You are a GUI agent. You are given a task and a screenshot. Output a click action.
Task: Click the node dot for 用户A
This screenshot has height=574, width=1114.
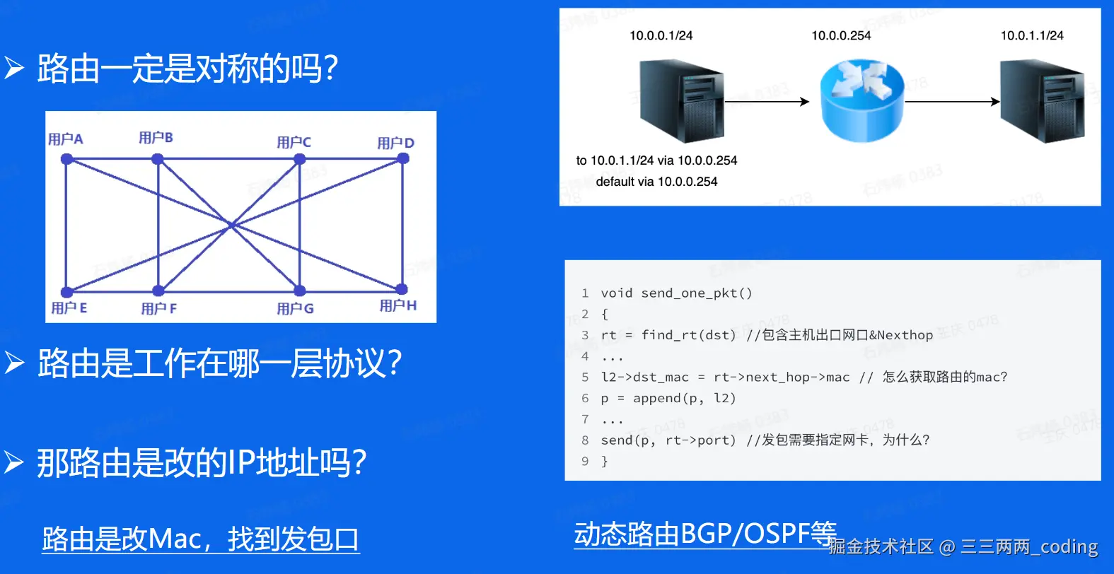[x=67, y=159]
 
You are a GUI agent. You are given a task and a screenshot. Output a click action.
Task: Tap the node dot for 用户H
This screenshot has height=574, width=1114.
[x=402, y=288]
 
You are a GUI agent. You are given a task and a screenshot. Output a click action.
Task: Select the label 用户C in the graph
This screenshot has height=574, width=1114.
[x=294, y=143]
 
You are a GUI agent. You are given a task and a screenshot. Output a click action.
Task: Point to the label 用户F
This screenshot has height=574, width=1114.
[x=158, y=309]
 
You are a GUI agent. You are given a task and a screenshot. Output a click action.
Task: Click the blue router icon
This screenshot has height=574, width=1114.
[x=862, y=101]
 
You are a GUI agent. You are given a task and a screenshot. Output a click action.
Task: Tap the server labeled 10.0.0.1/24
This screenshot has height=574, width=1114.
[x=681, y=101]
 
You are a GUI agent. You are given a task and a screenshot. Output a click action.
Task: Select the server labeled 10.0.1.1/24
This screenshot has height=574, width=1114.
[x=1043, y=101]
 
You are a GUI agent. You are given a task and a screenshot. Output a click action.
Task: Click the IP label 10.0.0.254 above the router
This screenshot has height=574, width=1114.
[x=841, y=36]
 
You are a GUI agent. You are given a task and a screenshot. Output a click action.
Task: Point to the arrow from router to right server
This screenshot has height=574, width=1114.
[x=952, y=101]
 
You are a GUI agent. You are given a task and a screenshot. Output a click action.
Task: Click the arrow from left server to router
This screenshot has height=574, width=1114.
[x=767, y=101]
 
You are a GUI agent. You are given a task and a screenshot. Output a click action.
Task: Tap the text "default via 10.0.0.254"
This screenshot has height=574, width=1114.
[x=656, y=182]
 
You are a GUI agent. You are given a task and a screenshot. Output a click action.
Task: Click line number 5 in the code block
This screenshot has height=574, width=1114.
[x=585, y=377]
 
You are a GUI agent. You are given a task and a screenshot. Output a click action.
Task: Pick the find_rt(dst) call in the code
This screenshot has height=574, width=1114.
[x=688, y=336]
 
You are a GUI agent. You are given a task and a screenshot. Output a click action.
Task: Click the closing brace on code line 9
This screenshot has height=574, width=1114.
[x=604, y=461]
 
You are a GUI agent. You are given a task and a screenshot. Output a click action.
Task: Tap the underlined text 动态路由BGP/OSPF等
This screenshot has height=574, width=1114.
[x=705, y=534]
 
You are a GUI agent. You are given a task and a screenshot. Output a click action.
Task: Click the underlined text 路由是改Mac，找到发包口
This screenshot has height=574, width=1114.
[x=200, y=539]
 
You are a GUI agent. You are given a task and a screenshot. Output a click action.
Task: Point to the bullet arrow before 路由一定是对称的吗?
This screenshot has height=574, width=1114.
[x=14, y=68]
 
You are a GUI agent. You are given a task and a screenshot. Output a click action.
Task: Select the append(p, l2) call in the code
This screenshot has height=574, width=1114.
[x=685, y=399]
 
